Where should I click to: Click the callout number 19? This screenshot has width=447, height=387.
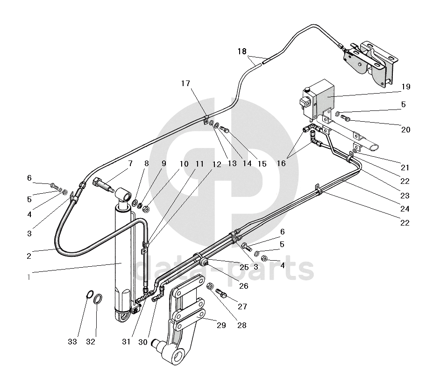(x=405, y=87)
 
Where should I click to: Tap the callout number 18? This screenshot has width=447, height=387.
(x=241, y=51)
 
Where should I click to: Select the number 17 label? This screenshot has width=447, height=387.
(x=186, y=83)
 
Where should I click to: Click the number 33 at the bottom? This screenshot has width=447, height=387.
(x=72, y=342)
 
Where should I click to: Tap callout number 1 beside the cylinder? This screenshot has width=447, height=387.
(x=28, y=277)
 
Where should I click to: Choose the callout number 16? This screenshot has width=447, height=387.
(x=281, y=164)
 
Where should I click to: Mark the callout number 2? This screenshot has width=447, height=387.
(x=29, y=256)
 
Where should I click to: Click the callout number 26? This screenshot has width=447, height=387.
(x=243, y=286)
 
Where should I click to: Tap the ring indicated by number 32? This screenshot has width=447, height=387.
(x=99, y=299)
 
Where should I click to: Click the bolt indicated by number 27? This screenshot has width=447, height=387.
(x=221, y=294)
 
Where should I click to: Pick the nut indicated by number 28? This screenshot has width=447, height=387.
(x=210, y=286)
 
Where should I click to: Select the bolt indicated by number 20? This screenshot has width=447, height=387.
(x=346, y=117)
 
